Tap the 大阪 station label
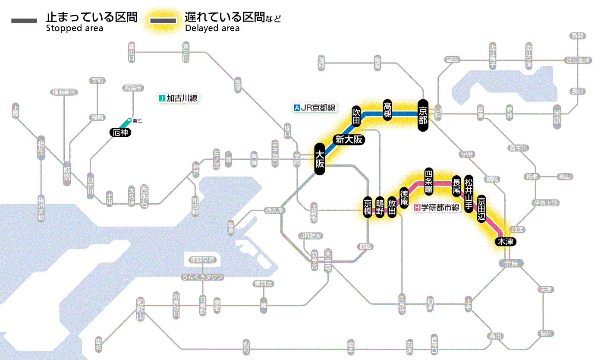tap(319, 159)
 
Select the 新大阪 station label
tap(349, 139)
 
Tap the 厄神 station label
tap(120, 133)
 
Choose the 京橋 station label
tap(368, 208)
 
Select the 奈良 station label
tap(510, 263)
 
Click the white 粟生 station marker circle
tap(129, 120)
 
